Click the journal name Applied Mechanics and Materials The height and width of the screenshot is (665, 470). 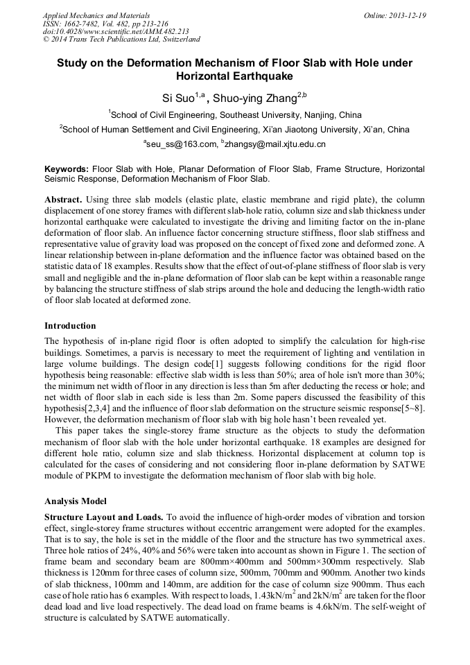point(96,15)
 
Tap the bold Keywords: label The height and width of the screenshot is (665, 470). point(67,169)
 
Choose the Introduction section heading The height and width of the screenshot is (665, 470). point(70,325)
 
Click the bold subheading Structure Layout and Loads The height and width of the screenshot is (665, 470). point(104,517)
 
